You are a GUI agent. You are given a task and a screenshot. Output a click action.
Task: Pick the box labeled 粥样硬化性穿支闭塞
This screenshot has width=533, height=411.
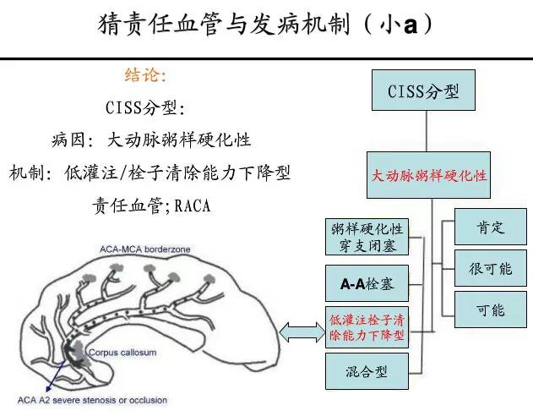pyautogui.click(x=367, y=237)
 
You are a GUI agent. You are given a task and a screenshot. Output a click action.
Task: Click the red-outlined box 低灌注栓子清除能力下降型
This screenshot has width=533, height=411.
pyautogui.click(x=367, y=327)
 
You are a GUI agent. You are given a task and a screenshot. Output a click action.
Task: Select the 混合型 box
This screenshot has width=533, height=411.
pyautogui.click(x=367, y=372)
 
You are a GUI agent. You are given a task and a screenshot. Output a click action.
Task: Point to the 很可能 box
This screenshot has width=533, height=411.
pyautogui.click(x=490, y=270)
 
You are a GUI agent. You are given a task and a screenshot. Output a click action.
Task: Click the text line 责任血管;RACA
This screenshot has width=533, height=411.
pyautogui.click(x=150, y=205)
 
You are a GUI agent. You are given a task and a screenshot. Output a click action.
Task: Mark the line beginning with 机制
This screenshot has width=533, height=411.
pyautogui.click(x=150, y=173)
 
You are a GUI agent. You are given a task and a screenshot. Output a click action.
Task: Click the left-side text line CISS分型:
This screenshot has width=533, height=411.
pyautogui.click(x=145, y=108)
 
